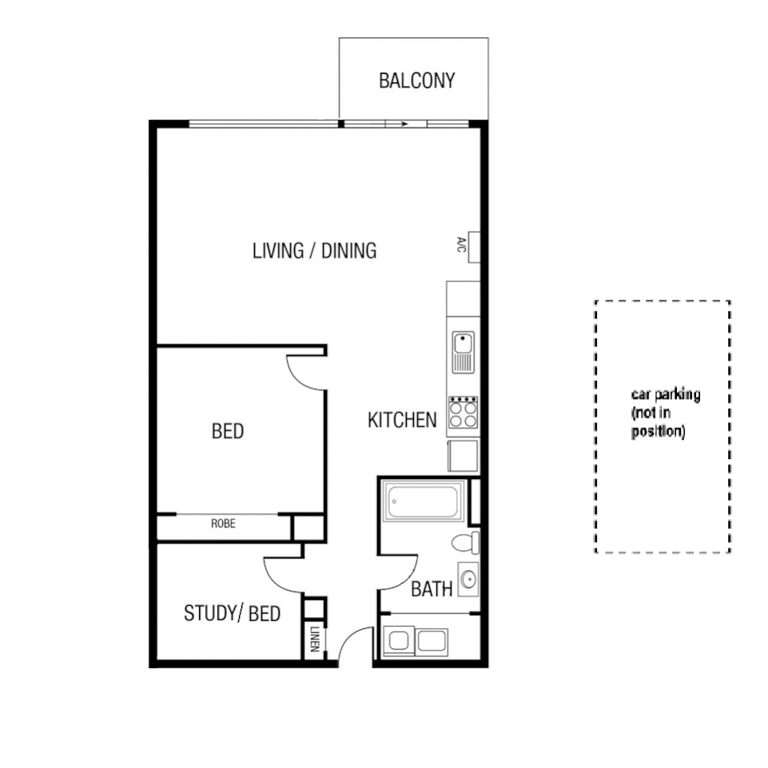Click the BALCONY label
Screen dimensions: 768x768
coord(416,81)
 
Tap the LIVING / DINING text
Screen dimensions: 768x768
coord(314,251)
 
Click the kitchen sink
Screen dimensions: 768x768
coord(463,352)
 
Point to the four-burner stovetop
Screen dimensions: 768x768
coord(463,412)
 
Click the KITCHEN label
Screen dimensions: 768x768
coord(401,420)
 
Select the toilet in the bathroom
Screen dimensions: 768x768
coord(464,543)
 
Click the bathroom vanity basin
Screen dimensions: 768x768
coord(468,577)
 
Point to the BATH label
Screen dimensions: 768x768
coord(432,590)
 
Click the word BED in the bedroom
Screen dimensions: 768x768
coord(228,432)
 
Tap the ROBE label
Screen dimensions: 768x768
coord(223,525)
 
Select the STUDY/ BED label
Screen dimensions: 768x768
coord(232,614)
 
